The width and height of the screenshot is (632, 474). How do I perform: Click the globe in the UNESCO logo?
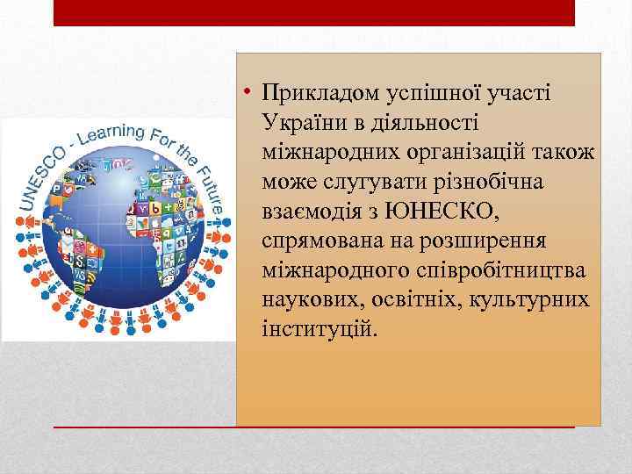(x=118, y=228)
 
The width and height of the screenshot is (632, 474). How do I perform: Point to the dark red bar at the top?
(x=313, y=12)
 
